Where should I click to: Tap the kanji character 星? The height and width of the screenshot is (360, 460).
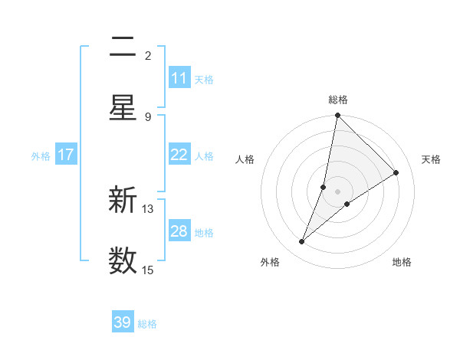123,108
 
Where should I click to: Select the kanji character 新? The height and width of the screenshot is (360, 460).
123,201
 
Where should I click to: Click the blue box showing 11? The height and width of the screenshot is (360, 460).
179,78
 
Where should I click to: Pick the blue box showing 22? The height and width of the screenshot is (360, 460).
179,155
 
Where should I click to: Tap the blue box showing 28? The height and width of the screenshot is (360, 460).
179,231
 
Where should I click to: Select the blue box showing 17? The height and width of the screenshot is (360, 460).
66,155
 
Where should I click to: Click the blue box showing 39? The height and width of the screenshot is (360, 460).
123,322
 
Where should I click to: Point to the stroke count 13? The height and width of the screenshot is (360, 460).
148,208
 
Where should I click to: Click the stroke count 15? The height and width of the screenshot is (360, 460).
148,270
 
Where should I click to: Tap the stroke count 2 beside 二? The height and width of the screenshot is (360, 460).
148,55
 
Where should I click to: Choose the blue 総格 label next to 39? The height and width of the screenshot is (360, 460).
147,324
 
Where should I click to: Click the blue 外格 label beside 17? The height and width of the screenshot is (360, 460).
41,155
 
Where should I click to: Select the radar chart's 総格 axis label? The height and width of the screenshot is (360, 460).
338,100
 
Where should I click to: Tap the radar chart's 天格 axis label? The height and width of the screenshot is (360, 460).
431,159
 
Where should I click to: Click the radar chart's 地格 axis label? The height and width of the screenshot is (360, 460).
402,262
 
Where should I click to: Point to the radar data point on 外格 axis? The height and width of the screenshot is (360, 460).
302,242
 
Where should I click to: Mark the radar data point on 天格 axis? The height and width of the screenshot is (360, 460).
396,172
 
